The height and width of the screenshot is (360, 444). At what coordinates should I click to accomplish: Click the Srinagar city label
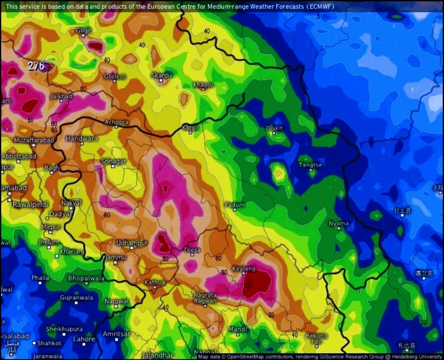(x=113, y=162)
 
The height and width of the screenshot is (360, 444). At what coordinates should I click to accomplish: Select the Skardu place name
(x=161, y=75)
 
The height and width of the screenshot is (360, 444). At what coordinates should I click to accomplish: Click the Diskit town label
(x=274, y=128)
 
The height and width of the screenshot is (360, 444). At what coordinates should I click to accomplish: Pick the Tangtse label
(x=310, y=165)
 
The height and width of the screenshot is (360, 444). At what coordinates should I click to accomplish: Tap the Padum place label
(x=234, y=205)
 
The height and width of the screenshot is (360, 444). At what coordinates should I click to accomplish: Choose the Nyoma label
(x=339, y=224)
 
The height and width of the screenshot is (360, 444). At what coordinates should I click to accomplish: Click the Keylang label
(x=244, y=269)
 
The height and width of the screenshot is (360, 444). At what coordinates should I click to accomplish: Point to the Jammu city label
(x=116, y=257)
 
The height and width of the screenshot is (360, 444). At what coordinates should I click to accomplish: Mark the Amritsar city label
(x=117, y=333)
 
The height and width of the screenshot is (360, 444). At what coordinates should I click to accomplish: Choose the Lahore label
(x=84, y=339)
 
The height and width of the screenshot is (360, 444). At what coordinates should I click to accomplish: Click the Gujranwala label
(x=76, y=298)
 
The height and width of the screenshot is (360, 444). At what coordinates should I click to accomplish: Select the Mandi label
(x=238, y=329)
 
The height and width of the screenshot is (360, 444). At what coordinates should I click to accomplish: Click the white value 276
(x=36, y=65)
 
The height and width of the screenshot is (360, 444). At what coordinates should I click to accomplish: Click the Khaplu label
(x=203, y=84)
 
